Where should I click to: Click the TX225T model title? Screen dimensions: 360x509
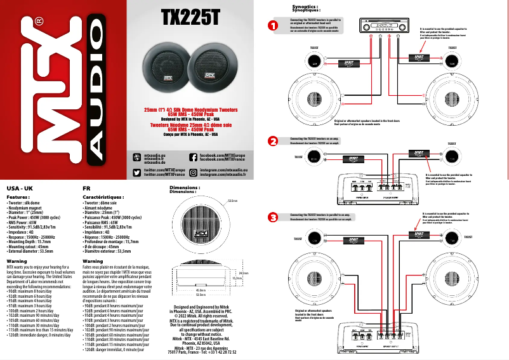(190, 17)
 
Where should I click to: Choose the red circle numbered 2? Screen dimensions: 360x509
(272, 140)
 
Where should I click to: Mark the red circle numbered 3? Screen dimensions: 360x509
(272, 217)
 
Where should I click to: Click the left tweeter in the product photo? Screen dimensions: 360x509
(166, 64)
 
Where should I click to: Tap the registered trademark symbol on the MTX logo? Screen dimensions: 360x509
(39, 21)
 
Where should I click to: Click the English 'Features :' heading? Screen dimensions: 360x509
(18, 197)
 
